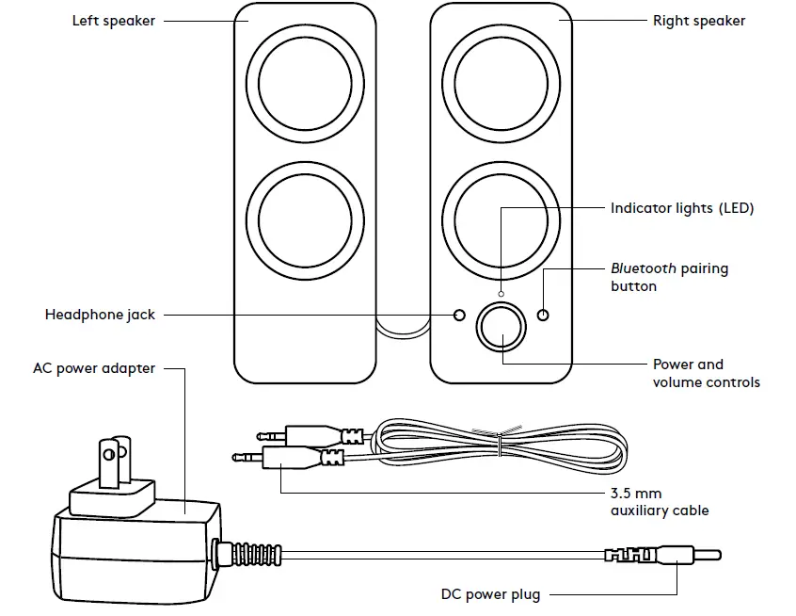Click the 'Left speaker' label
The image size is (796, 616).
click(x=114, y=21)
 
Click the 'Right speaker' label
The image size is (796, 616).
click(x=698, y=21)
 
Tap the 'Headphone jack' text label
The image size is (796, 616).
click(x=100, y=315)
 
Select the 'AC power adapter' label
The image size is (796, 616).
click(x=94, y=368)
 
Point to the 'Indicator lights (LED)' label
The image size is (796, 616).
click(x=682, y=208)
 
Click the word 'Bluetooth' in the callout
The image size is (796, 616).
click(x=643, y=268)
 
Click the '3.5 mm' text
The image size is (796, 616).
click(x=636, y=493)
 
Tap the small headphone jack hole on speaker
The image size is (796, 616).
click(x=459, y=315)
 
